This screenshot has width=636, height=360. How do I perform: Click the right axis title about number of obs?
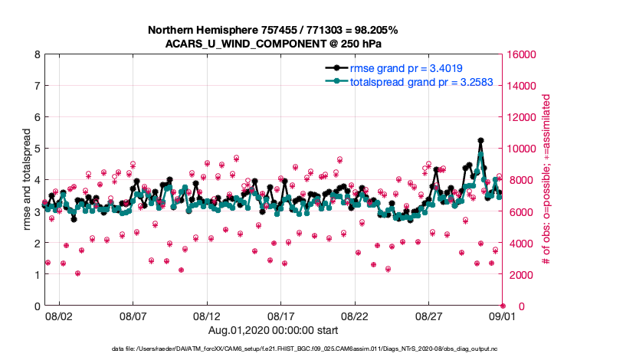pos(546,181)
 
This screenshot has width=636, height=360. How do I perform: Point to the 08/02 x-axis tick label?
pos(58,315)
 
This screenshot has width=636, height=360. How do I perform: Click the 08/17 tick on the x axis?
pos(281,315)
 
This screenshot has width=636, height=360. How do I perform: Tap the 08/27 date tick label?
pos(429,315)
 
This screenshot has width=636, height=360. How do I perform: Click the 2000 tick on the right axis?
pos(520,274)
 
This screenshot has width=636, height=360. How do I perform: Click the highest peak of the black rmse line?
pos(480,141)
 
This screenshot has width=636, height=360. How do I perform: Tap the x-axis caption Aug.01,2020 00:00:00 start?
pos(273,330)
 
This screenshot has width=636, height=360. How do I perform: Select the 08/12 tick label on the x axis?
pos(207,315)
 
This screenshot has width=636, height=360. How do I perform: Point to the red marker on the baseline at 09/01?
pos(503,306)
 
